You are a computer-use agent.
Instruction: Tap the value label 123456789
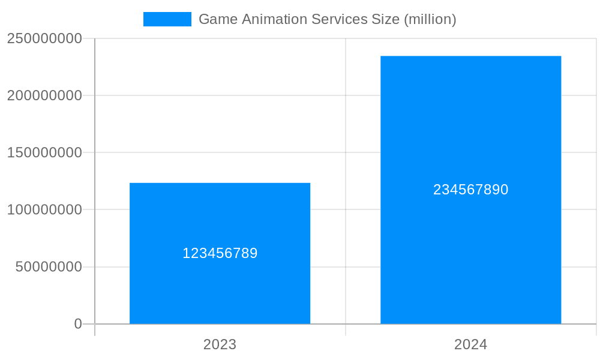(x=220, y=253)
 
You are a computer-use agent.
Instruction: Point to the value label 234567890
(x=470, y=190)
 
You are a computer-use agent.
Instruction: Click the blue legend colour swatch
(x=167, y=19)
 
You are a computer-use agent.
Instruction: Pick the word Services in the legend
(x=335, y=19)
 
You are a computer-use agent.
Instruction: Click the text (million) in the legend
(x=430, y=19)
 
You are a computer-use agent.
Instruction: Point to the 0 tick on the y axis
(x=78, y=324)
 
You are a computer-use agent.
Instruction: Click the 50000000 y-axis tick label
(x=49, y=267)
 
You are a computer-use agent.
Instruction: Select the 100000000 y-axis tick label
(x=44, y=210)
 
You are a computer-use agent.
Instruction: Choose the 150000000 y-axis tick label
(x=44, y=152)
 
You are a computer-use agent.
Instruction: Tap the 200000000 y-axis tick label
(x=44, y=95)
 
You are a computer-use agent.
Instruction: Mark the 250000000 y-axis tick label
(x=44, y=38)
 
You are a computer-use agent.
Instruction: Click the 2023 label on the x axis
(x=220, y=344)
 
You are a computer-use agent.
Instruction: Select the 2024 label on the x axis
(x=470, y=344)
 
